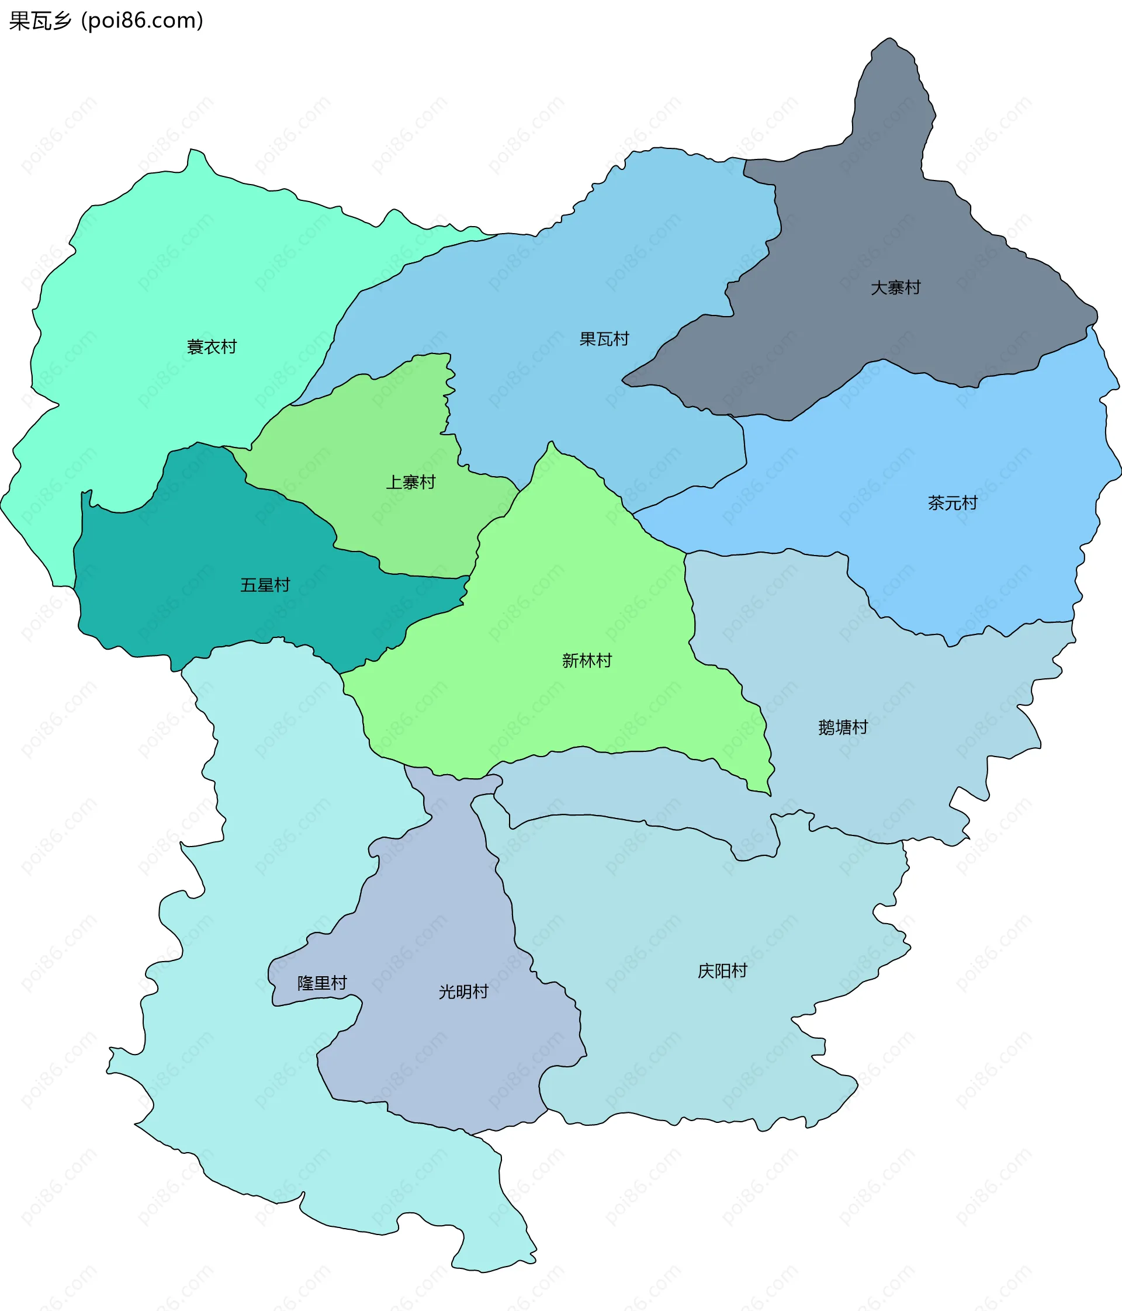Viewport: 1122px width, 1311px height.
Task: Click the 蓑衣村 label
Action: click(x=212, y=346)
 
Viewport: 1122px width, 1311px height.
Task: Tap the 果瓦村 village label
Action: click(x=604, y=339)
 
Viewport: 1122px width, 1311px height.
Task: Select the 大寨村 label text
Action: click(x=895, y=288)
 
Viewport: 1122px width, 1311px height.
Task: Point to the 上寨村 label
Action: click(x=411, y=482)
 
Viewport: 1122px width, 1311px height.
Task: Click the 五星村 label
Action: click(x=265, y=585)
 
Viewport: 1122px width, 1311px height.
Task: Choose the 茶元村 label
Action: click(x=953, y=503)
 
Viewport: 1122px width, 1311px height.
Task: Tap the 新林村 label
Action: click(x=587, y=661)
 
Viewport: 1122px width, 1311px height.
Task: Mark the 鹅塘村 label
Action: click(x=843, y=727)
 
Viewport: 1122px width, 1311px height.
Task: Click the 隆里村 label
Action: click(x=322, y=983)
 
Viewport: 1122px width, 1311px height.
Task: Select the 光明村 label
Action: click(x=463, y=991)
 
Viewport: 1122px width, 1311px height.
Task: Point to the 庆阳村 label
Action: click(x=722, y=970)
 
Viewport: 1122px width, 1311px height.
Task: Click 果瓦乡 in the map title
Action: click(x=40, y=21)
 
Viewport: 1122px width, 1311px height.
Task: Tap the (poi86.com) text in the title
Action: click(x=143, y=21)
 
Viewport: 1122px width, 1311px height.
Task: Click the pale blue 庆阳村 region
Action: click(x=696, y=1044)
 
